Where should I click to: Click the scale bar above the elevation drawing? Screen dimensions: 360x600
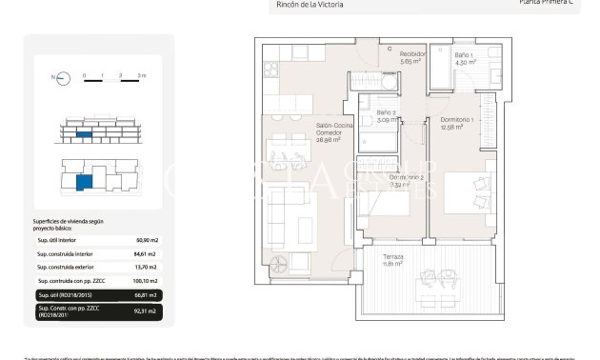(x=113, y=81)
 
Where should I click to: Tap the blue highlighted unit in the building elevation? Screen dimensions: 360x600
(x=85, y=134)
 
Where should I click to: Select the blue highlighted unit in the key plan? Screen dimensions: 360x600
(x=85, y=181)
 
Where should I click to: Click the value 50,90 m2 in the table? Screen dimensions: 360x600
(x=148, y=241)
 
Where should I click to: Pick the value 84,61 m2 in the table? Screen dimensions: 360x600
(x=148, y=254)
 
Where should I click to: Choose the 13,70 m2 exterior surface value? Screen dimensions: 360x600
(x=148, y=268)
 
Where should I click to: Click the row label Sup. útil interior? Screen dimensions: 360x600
(x=56, y=241)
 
